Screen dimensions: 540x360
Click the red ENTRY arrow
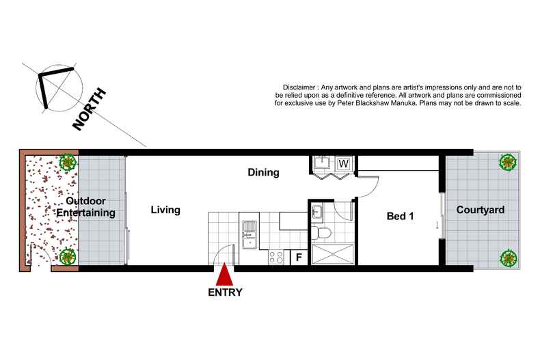(224, 274)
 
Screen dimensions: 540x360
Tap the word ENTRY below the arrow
(225, 292)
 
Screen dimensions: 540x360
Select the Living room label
(165, 210)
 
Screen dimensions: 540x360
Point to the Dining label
(263, 172)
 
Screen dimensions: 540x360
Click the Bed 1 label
(400, 216)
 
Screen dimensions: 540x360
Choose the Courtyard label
(481, 210)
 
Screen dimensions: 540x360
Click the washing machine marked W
(343, 163)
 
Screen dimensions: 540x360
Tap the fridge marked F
(299, 257)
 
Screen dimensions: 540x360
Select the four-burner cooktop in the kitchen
(276, 257)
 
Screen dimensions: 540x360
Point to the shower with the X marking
(333, 254)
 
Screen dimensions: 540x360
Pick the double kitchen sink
(249, 235)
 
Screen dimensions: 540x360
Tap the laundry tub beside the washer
(322, 163)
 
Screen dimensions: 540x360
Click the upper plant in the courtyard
(508, 162)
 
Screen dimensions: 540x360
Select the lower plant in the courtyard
(508, 258)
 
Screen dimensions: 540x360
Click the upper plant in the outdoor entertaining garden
(68, 162)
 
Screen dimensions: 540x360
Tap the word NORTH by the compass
(89, 109)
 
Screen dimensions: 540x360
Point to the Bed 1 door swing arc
(374, 190)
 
